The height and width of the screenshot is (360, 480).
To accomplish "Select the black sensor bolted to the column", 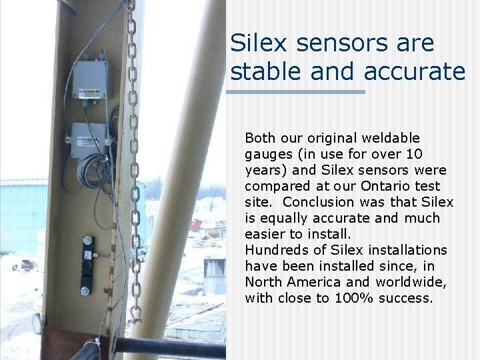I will [87, 264].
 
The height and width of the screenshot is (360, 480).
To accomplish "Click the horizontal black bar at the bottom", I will [167, 347].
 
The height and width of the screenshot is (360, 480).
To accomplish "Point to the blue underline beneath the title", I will [296, 91].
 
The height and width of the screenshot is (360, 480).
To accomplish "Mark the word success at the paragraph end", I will [405, 298].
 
